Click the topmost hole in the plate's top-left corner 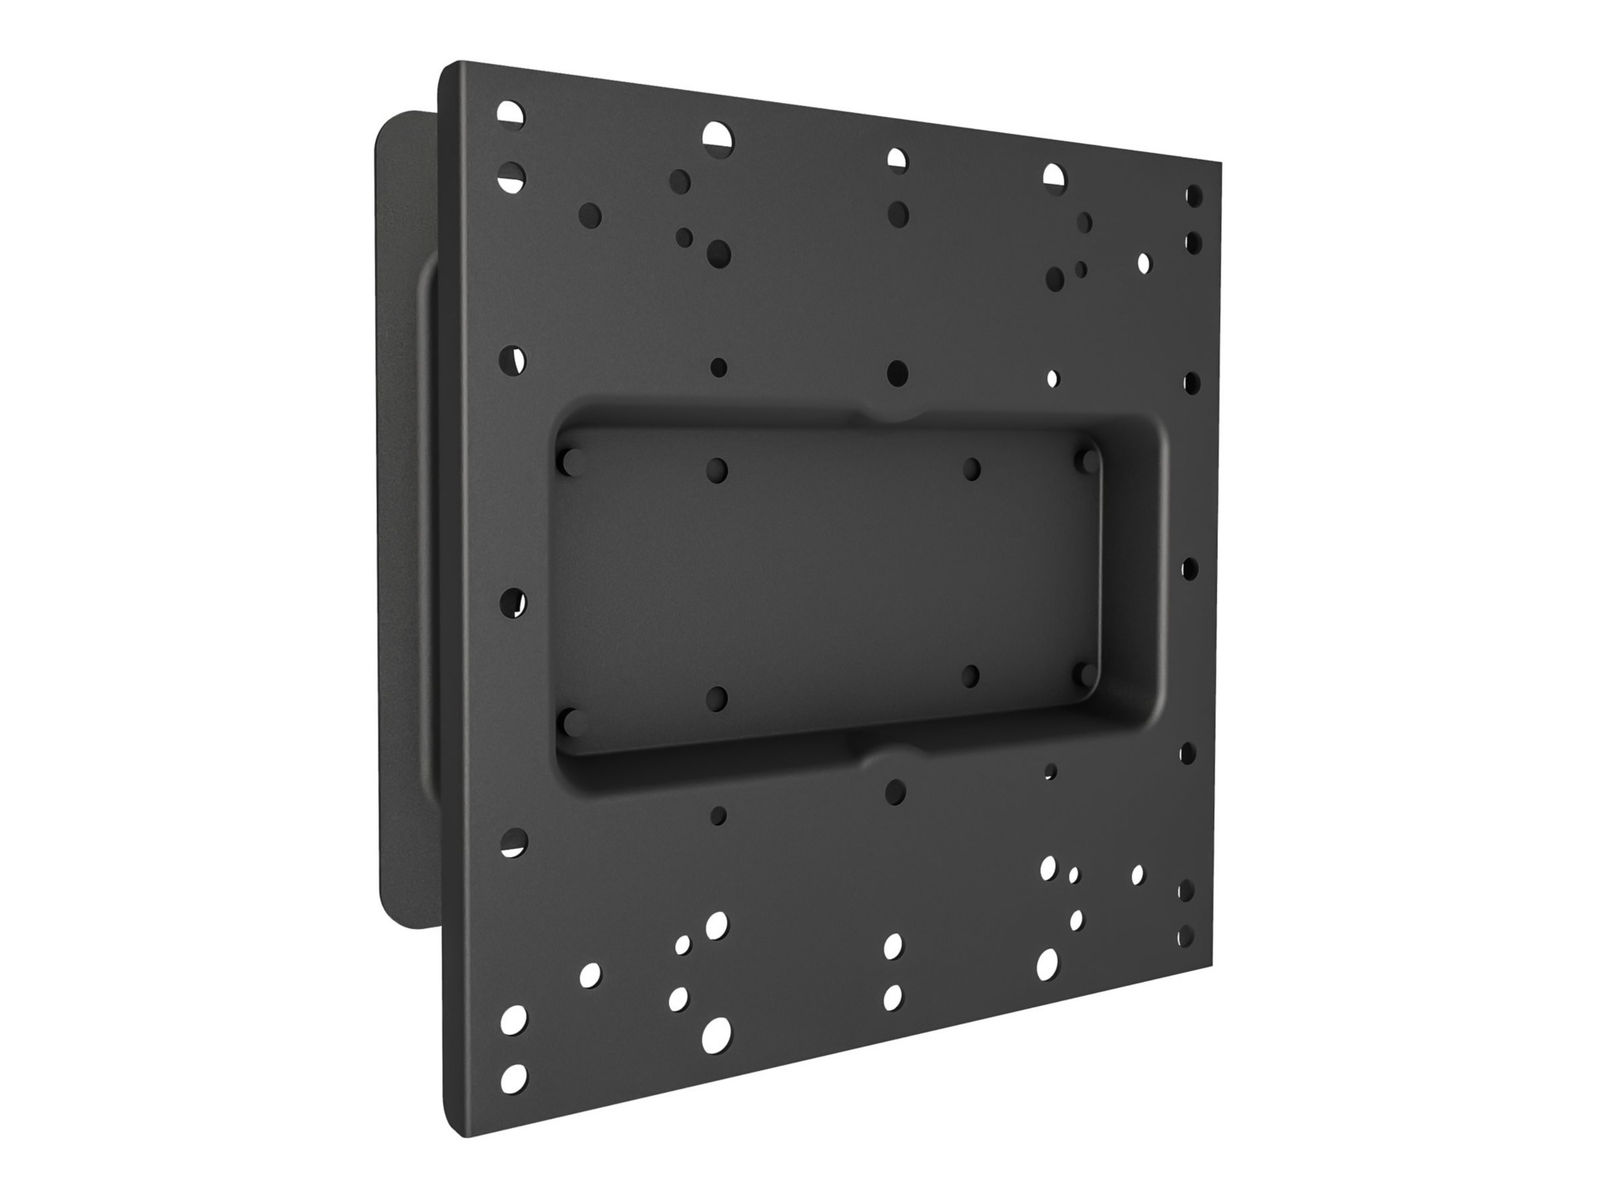(x=512, y=113)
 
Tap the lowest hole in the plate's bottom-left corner (x=514, y=1077)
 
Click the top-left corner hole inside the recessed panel (x=571, y=462)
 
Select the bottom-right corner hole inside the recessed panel (x=1084, y=674)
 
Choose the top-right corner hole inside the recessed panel (x=1085, y=459)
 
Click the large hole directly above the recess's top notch (x=897, y=373)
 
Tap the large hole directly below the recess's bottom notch (x=895, y=792)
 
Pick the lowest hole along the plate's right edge (x=1186, y=936)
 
